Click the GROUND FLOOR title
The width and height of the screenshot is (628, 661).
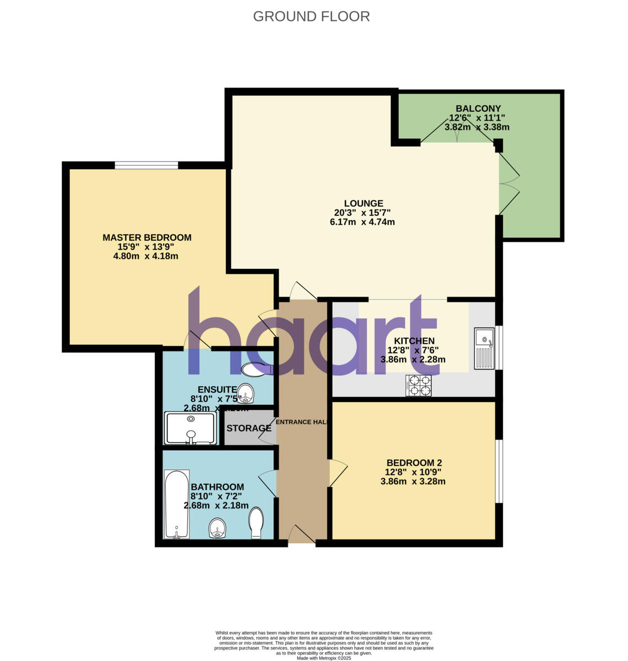point(311,17)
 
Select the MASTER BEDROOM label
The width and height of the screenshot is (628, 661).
point(147,237)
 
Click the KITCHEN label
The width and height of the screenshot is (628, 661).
point(414,341)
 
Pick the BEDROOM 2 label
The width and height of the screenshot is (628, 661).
point(414,463)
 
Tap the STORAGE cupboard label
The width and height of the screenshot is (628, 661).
point(249,428)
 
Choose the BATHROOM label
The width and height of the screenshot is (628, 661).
point(217,487)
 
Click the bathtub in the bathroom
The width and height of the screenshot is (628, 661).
point(177,503)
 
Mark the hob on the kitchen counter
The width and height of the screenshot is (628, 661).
point(419,385)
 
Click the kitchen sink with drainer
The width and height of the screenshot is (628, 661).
point(484,348)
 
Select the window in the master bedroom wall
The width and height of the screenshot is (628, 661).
point(146,165)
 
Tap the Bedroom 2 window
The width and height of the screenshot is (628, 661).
point(499,471)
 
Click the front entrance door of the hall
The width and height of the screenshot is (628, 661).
point(300,535)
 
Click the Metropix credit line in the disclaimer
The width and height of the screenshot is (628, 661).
point(324,658)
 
